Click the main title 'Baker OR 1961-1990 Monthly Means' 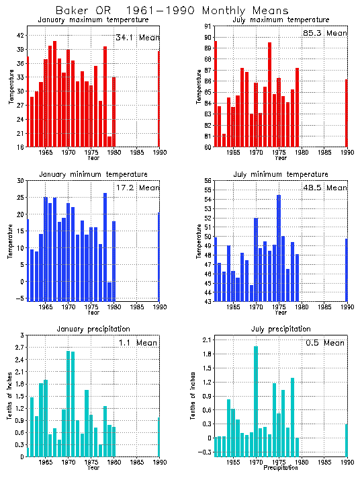[x=172, y=11]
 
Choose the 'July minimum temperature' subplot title [x=281, y=174]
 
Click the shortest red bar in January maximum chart [x=109, y=141]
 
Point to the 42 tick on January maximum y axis [x=20, y=35]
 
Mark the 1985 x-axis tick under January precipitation [x=136, y=463]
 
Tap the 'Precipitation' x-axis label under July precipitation [x=281, y=468]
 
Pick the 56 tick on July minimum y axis [x=208, y=181]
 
